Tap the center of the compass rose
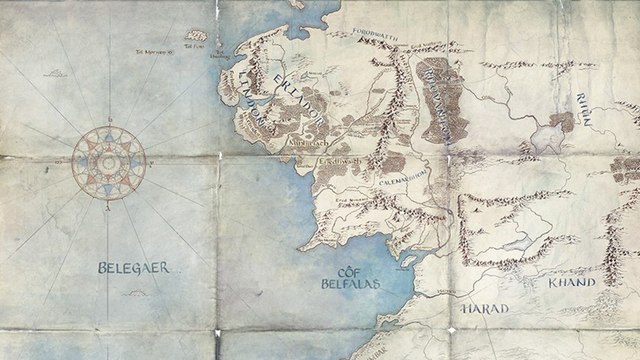coord(108,161)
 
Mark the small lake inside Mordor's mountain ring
coord(517,236)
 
